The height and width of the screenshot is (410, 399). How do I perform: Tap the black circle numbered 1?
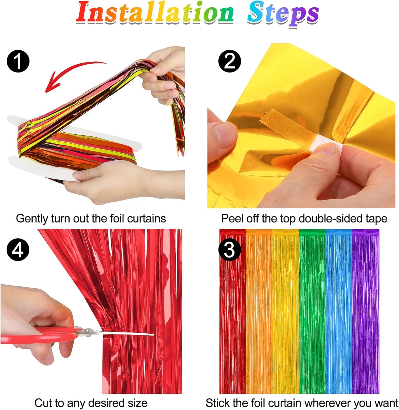[18, 61]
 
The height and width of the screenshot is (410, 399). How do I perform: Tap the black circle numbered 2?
[229, 61]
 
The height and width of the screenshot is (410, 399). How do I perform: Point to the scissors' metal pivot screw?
[88, 330]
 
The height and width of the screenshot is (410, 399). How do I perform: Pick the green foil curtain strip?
[312, 312]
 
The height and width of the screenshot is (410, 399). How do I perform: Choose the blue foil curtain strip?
[339, 312]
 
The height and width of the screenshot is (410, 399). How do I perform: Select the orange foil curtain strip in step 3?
[259, 312]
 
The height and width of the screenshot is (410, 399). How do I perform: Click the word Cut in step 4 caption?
[44, 403]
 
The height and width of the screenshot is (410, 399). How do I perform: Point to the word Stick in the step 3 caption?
[218, 403]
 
